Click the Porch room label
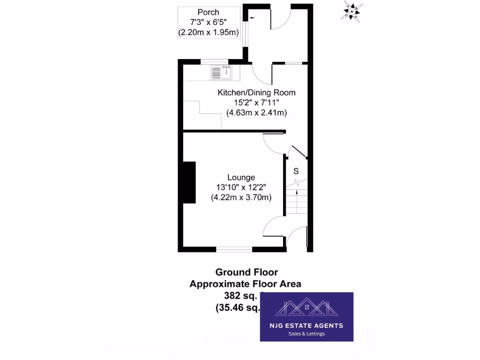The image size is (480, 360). pos(208,12)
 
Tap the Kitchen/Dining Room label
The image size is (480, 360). pos(256,92)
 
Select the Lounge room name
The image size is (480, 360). pos(241,177)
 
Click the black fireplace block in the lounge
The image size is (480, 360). pos(189,182)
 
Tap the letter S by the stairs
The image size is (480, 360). pos(296,171)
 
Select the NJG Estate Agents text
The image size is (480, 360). pos(306,325)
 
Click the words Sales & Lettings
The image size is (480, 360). pos(306,334)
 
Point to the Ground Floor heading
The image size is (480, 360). pos(247,272)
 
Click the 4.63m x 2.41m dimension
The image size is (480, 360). pos(256,113)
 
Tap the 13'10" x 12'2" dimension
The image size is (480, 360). pos(241,187)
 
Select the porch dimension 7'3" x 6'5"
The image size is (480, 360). pos(208,22)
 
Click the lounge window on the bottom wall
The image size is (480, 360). pos(234,248)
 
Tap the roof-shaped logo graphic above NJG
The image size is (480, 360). pos(306,307)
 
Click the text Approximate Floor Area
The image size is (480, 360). pos(245,284)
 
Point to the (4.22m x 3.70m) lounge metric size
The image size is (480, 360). pos(241,197)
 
